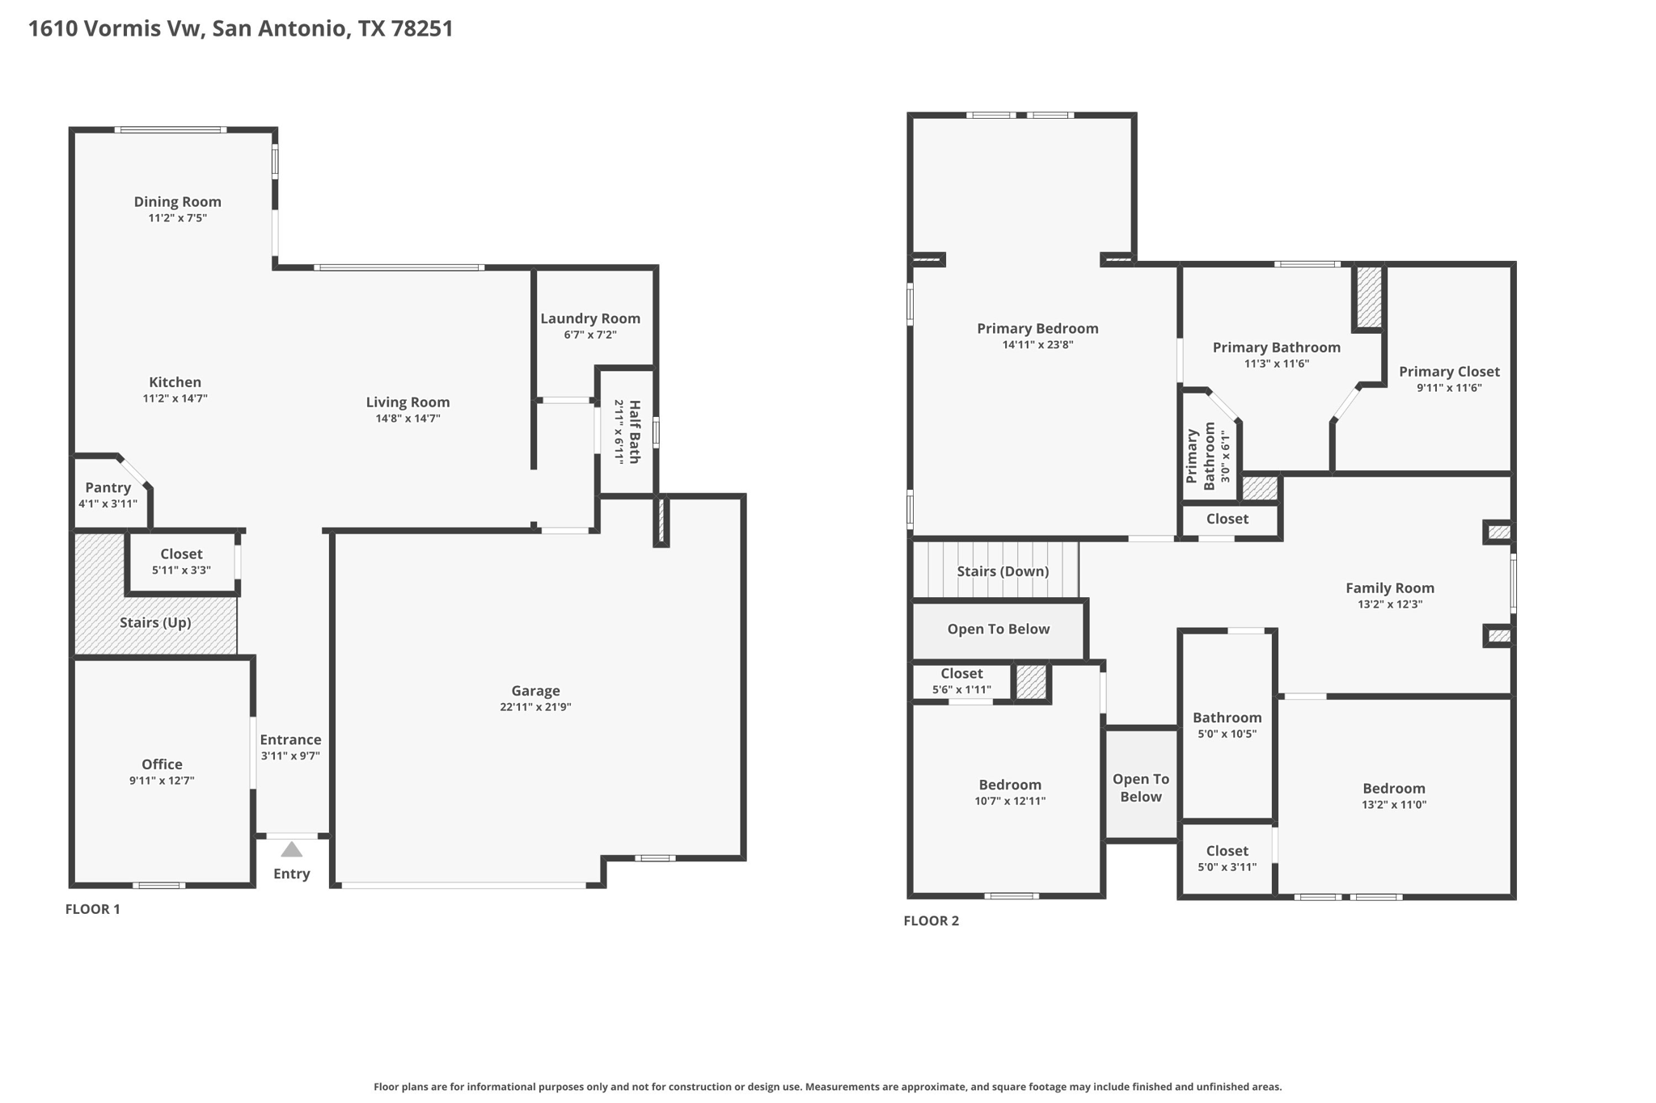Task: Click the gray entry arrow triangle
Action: [x=291, y=849]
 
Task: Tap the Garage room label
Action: [x=535, y=691]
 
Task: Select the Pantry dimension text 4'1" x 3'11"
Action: [x=108, y=503]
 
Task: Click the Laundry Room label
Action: [x=590, y=318]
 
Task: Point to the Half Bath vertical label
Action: [x=635, y=432]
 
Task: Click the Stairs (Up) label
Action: [x=155, y=622]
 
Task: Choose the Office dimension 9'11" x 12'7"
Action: [x=162, y=781]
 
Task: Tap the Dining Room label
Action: [x=177, y=202]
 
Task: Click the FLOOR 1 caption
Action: [x=92, y=909]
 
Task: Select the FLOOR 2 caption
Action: [x=931, y=920]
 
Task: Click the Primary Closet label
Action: [x=1449, y=372]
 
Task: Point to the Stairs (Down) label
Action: [x=1003, y=571]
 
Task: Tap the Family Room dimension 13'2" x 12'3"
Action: [x=1389, y=604]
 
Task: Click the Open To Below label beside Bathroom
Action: [x=1141, y=788]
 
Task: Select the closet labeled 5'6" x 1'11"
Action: [x=961, y=681]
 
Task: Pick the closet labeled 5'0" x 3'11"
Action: [x=1227, y=859]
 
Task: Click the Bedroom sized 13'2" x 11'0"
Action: [x=1393, y=796]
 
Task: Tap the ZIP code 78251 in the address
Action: [x=421, y=29]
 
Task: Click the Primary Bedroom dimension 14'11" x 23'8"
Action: [x=1037, y=345]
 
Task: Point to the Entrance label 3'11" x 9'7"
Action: [x=290, y=747]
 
